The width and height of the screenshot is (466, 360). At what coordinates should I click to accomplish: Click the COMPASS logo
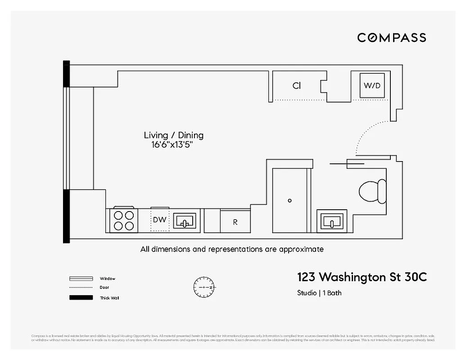click(x=391, y=38)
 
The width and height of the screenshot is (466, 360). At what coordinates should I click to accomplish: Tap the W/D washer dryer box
click(x=372, y=85)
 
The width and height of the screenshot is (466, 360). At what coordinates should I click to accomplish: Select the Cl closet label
click(x=296, y=85)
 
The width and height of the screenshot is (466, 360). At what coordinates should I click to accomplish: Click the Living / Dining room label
click(x=173, y=135)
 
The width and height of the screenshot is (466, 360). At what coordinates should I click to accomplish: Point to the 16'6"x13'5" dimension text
click(x=175, y=145)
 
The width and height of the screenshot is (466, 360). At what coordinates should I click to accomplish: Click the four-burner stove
click(x=124, y=220)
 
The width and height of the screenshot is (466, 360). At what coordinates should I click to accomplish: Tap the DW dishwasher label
click(x=159, y=220)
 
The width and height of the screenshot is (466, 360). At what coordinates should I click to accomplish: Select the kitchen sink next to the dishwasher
click(x=185, y=221)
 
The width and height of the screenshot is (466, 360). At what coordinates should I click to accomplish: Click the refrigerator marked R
click(x=235, y=222)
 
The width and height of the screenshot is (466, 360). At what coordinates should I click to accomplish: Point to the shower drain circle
click(x=290, y=200)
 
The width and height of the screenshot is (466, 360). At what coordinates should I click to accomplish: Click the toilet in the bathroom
click(x=373, y=192)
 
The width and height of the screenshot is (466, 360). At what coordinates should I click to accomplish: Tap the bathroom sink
click(x=332, y=221)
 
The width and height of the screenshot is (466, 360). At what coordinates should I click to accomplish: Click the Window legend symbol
click(x=81, y=279)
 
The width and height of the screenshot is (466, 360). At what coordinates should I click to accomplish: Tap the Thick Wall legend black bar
click(x=81, y=297)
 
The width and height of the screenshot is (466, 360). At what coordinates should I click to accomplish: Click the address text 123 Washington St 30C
click(x=362, y=277)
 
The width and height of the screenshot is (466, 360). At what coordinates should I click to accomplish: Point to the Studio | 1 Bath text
click(x=319, y=293)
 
